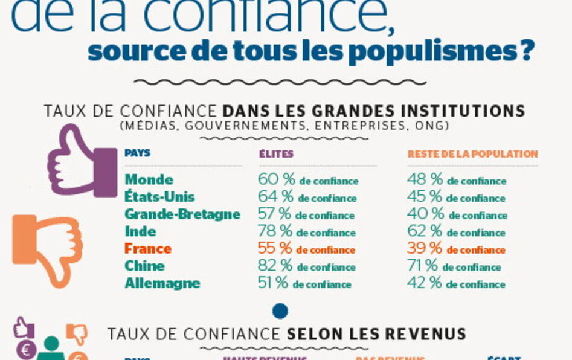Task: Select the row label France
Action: tap(148, 249)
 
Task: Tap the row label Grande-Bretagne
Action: tap(182, 214)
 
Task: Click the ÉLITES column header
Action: tap(276, 154)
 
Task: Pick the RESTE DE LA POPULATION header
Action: tap(472, 154)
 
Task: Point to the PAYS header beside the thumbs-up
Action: tap(138, 153)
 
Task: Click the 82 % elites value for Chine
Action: tap(275, 266)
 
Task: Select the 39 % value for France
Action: tap(425, 249)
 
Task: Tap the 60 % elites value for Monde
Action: tap(275, 180)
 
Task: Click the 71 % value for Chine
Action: tap(423, 266)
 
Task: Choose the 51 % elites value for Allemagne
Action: tap(273, 283)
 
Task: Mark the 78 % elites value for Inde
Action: tap(275, 231)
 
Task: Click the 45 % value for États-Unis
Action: tap(425, 197)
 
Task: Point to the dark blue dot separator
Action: tap(280, 311)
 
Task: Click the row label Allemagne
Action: tap(162, 283)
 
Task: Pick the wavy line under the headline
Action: tap(280, 82)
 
